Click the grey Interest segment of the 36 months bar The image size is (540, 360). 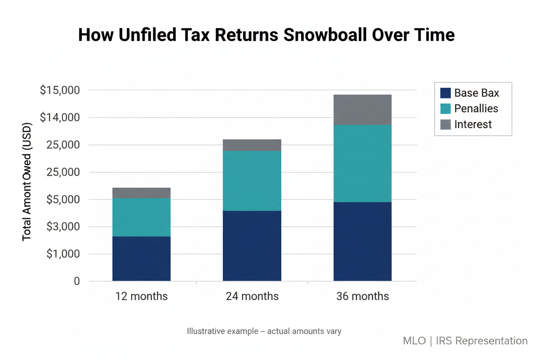(362, 109)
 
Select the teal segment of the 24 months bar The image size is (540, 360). (252, 180)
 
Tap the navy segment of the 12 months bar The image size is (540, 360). (141, 258)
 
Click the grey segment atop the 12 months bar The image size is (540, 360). (141, 193)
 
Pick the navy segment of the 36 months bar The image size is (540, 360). (362, 241)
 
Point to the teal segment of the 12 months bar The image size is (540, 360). (141, 217)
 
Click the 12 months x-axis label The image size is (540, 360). (141, 296)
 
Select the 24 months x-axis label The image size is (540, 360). (252, 296)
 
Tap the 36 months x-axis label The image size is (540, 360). (362, 296)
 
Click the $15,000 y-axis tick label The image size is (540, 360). (60, 90)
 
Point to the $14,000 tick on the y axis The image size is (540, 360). (60, 118)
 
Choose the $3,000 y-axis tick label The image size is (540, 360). (62, 227)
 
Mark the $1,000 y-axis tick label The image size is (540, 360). (62, 254)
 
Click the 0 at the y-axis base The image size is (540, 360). (77, 281)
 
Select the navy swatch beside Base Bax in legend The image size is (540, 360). (445, 93)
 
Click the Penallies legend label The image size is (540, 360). (476, 109)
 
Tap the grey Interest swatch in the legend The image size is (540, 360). (445, 125)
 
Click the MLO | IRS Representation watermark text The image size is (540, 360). (465, 341)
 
